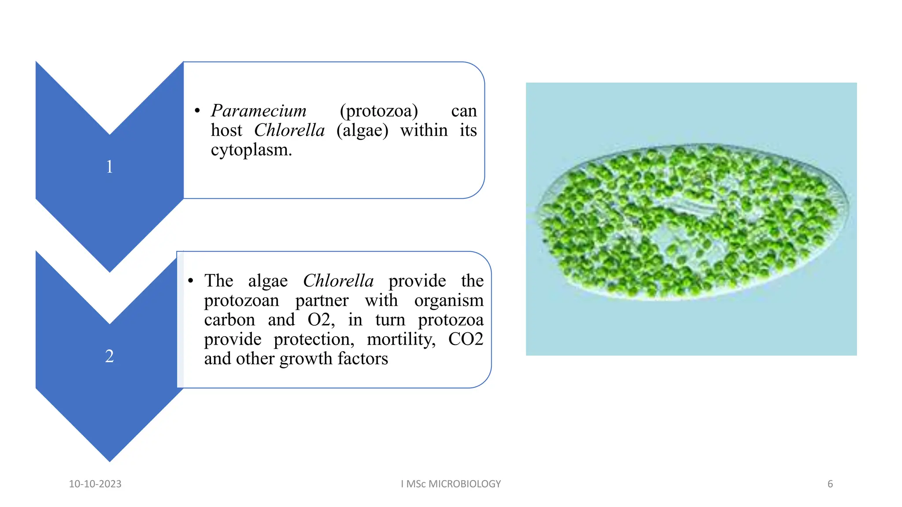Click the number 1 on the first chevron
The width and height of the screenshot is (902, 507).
coord(110,167)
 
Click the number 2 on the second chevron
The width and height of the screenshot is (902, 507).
coord(110,356)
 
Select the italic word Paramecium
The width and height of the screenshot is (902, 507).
coord(259,111)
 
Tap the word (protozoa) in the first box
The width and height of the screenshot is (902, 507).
coord(379,111)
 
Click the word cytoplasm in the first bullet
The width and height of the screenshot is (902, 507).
coord(251,150)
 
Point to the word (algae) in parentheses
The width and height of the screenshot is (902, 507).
coord(362,130)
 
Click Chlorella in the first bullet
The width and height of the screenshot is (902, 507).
coord(289,130)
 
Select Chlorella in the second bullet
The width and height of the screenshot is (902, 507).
coord(338,281)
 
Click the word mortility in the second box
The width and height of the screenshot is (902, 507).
coord(401,339)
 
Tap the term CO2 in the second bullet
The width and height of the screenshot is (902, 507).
coord(466,339)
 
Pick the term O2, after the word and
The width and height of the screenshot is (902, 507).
coord(321,320)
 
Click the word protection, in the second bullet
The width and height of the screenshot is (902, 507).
coord(314,339)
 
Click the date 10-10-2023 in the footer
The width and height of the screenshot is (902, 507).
coord(95,484)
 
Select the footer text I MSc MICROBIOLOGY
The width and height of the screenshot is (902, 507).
coord(451,484)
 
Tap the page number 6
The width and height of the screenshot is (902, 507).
coord(830,484)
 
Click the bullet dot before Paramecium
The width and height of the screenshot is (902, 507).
coord(197,111)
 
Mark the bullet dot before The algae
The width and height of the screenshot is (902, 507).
coord(191,281)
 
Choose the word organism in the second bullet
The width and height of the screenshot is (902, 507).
coord(448,301)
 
